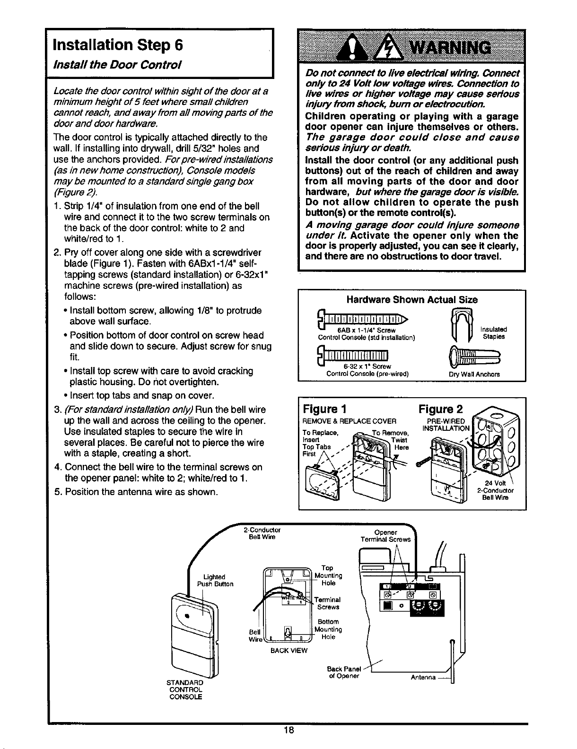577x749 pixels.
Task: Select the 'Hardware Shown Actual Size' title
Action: coord(412,299)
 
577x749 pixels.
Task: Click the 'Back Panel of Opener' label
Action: coord(344,672)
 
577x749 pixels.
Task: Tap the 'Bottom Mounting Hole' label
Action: coord(328,629)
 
